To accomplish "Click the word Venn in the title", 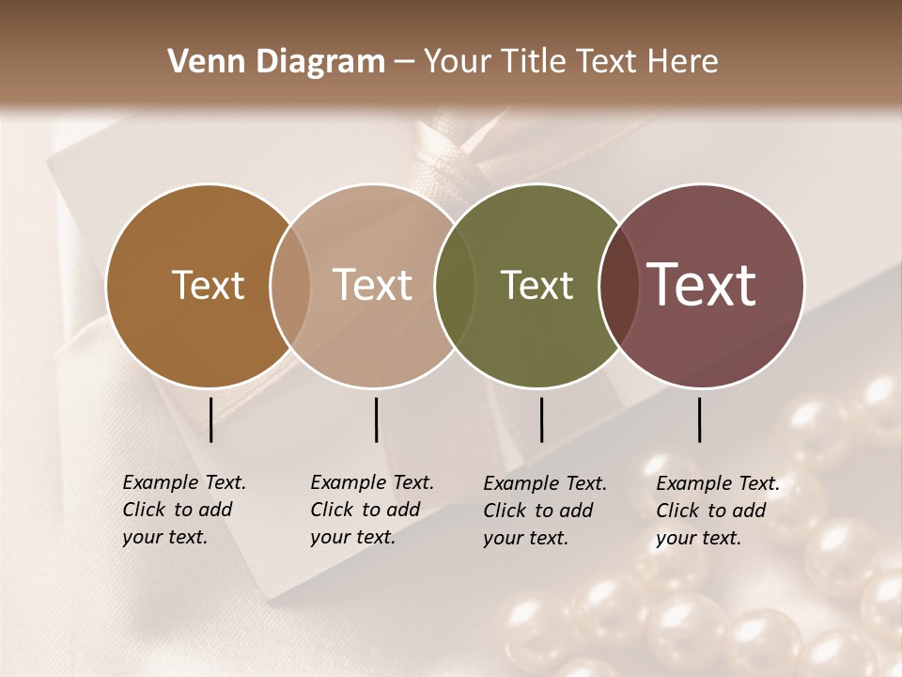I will coord(200,62).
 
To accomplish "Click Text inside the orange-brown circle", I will coord(208,285).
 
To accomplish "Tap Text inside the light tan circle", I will coord(372,285).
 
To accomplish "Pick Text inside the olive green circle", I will coord(537,285).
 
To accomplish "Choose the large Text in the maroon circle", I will coord(701,285).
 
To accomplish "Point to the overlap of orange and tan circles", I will coord(290,285).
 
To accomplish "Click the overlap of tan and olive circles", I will coord(455,285).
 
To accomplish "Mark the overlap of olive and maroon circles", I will coord(618,285).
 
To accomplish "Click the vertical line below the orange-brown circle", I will coord(210,419).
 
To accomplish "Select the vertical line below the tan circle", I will coord(376,419).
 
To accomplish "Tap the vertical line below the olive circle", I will coord(541,419).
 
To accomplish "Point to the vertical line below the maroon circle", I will coord(699,419).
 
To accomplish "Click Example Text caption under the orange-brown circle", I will coord(183,483).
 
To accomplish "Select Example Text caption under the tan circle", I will coord(371,483).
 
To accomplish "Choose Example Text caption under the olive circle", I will coord(544,484).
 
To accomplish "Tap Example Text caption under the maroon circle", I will coord(717,484).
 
